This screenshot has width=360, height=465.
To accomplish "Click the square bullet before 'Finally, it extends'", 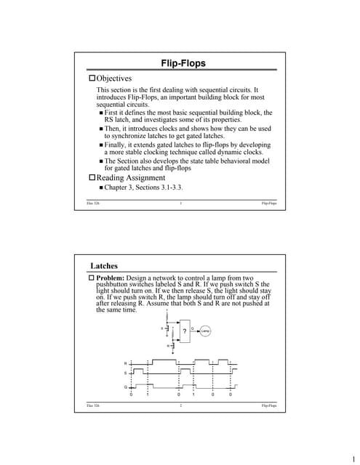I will coord(101,145).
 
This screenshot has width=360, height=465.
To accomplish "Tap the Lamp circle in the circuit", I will coord(206,331).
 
